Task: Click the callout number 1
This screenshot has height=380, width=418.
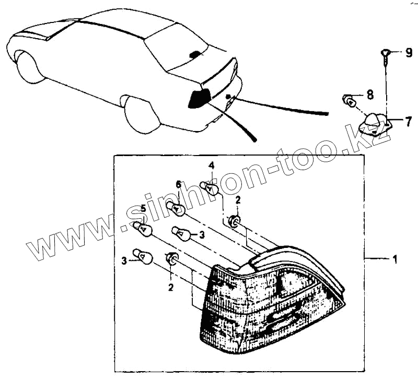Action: (394, 259)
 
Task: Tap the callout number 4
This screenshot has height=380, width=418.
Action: (212, 166)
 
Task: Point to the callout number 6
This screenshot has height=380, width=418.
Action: (178, 184)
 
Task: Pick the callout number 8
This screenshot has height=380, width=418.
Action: (369, 94)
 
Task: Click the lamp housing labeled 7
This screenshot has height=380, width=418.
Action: (375, 123)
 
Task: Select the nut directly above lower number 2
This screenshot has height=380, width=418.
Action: (171, 258)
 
